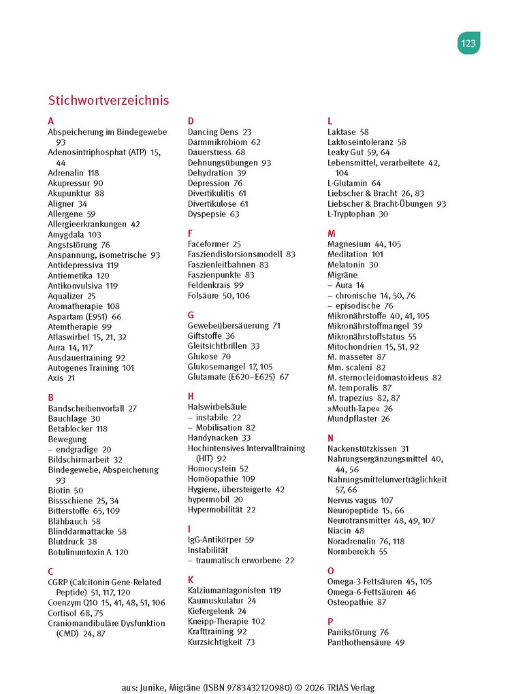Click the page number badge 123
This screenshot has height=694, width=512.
468,44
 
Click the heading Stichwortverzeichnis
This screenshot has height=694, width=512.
108,100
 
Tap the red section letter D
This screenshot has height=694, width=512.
191,121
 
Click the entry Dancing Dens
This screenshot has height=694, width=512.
213,132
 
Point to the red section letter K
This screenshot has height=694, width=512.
191,580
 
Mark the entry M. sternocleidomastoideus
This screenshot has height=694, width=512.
378,377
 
